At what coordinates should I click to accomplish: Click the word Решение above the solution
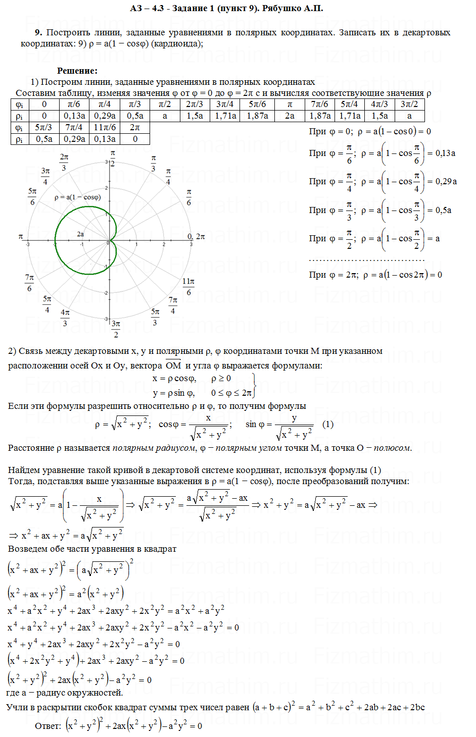[77, 71]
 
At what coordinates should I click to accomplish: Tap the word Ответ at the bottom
[47, 726]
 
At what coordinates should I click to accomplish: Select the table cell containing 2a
[290, 116]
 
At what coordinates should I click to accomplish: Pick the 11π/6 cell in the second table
[105, 127]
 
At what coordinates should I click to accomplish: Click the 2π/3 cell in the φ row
[195, 104]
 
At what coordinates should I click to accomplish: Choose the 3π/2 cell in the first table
[409, 104]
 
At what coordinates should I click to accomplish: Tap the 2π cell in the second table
[135, 127]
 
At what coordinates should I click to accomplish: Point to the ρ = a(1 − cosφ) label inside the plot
[77, 197]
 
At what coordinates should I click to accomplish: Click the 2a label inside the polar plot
[80, 234]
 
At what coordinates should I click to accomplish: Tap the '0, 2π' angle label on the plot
[196, 236]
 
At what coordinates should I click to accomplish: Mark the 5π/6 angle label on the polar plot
[32, 197]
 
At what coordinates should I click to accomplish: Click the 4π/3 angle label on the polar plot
[65, 318]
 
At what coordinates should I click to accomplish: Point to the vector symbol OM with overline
[173, 365]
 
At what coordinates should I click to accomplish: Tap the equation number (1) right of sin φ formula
[328, 424]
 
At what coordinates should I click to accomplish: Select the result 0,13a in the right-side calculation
[445, 153]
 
